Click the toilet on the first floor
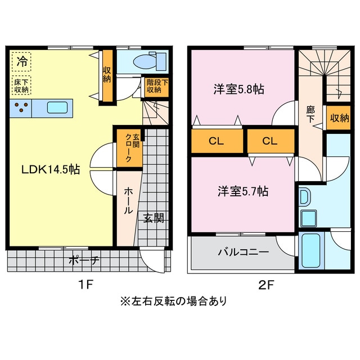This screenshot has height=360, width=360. click(150, 61)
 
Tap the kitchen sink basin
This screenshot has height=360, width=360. click(57, 108)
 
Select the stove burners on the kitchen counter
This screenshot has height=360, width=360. click(21, 107)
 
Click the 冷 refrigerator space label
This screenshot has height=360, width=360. click(22, 61)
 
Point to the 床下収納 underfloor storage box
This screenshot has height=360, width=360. click(21, 85)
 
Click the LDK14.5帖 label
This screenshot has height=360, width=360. click(51, 170)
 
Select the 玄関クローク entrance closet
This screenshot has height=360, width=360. click(130, 148)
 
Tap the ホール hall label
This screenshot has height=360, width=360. click(129, 201)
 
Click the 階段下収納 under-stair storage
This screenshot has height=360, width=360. click(157, 86)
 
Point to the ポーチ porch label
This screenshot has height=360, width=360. click(84, 260)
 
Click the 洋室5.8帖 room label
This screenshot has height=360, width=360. click(238, 89)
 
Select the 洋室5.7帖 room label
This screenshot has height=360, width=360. click(243, 191)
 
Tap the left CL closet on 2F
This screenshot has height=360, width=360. click(217, 141)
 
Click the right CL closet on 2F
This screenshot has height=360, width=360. click(271, 141)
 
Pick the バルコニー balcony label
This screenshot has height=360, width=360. click(244, 253)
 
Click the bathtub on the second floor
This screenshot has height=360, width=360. click(311, 251)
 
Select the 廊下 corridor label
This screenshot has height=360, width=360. click(310, 115)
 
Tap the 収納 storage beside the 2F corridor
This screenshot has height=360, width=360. click(339, 118)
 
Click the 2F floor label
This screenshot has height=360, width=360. click(266, 285)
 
